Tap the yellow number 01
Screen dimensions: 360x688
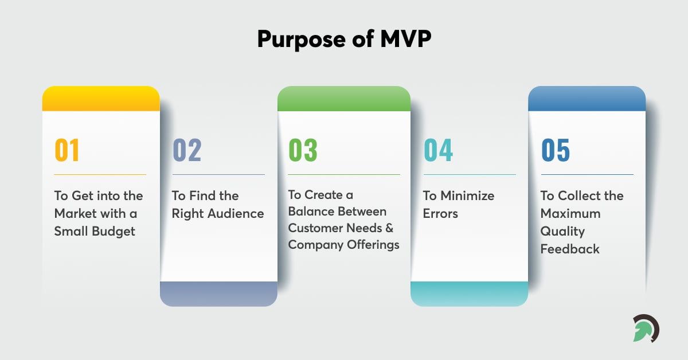point(67,150)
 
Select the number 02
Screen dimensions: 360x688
point(187,150)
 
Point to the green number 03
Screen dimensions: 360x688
point(303,150)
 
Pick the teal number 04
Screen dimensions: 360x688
point(438,150)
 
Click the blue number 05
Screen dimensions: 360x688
point(556,150)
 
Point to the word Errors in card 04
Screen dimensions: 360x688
point(440,213)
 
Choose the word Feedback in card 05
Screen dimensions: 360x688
point(570,249)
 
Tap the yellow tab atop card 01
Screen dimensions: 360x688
point(101,99)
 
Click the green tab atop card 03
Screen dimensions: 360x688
point(344,99)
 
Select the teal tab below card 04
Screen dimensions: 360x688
point(469,294)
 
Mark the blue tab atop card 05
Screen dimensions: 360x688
point(587,99)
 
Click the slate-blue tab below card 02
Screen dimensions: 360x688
point(218,294)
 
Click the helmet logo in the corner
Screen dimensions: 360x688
point(646,328)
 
